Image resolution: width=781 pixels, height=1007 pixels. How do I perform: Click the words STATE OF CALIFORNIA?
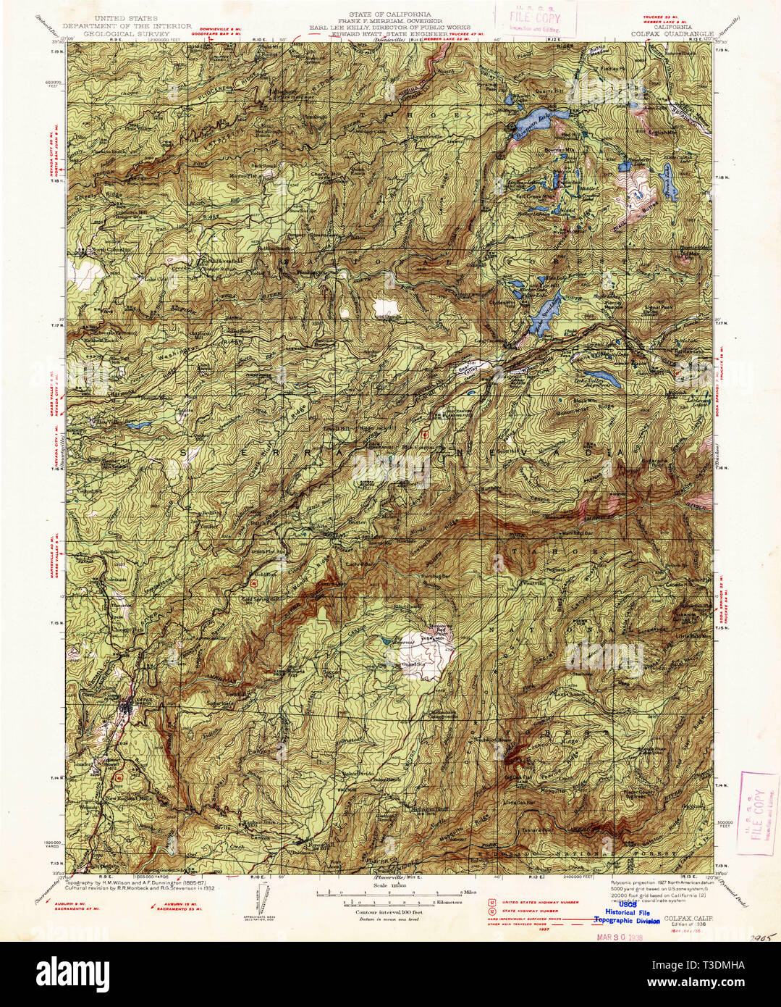coord(389,14)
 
